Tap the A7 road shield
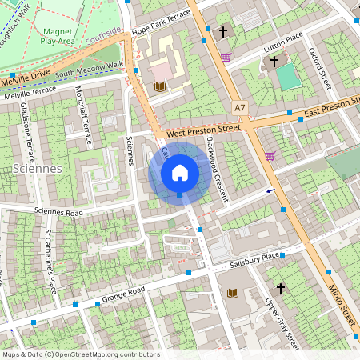[241, 106]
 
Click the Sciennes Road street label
[58, 213]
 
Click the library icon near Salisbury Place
[234, 294]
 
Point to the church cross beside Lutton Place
[274, 61]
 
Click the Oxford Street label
[320, 67]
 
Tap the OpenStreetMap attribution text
[80, 354]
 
